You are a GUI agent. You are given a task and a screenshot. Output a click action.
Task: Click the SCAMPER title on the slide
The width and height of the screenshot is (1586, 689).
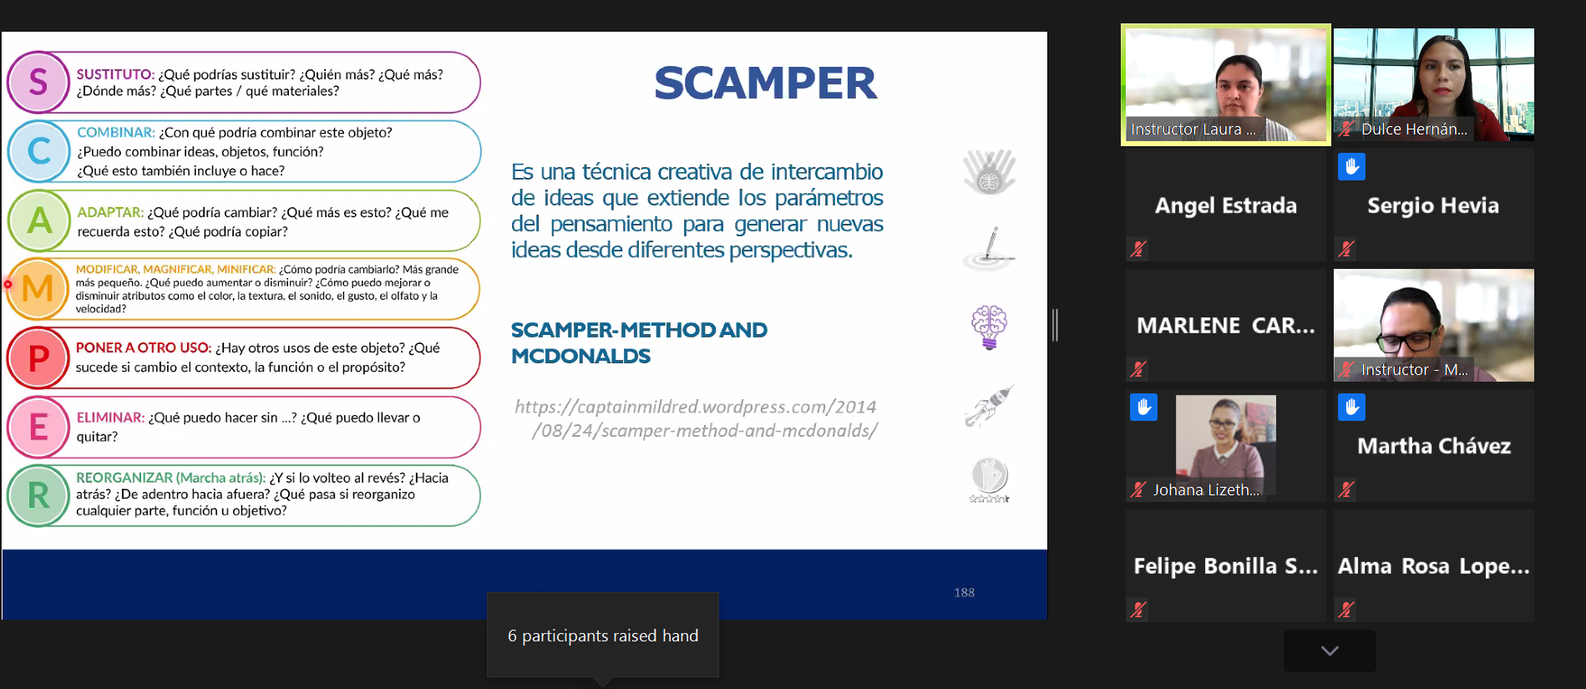click(x=765, y=83)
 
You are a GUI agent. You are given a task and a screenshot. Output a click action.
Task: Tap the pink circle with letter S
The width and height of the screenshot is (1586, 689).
click(x=38, y=82)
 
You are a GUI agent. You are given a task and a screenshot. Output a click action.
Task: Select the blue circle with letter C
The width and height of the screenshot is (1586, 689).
click(x=38, y=151)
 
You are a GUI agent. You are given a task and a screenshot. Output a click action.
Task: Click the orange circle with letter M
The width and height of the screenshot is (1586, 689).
click(x=38, y=289)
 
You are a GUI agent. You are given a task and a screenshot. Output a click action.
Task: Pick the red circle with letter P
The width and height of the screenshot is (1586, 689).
click(x=38, y=358)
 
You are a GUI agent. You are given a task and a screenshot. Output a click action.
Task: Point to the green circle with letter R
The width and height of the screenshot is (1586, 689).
click(x=38, y=496)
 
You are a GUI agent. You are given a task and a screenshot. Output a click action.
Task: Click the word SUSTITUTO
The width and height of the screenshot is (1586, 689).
click(x=115, y=74)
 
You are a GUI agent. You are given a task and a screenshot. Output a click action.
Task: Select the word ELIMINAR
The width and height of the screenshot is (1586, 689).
click(x=110, y=418)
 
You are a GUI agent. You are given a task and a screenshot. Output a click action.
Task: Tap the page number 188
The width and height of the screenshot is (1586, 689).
click(x=965, y=592)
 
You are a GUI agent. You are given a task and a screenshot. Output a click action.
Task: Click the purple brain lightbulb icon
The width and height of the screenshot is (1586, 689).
click(x=989, y=327)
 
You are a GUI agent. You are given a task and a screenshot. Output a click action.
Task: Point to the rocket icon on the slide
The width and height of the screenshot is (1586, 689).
click(x=989, y=406)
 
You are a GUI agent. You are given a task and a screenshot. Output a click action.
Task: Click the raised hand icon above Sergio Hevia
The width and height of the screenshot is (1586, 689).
click(x=1351, y=166)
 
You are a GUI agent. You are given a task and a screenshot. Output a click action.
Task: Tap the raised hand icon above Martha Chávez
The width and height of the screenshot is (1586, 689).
click(x=1351, y=407)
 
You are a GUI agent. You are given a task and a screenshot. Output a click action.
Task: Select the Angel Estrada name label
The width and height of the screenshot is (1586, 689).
click(x=1225, y=205)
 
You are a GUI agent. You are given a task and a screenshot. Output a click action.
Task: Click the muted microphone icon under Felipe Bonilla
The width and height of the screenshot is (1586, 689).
click(x=1138, y=610)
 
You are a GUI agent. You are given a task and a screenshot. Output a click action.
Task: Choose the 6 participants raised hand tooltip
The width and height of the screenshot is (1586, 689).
click(x=603, y=636)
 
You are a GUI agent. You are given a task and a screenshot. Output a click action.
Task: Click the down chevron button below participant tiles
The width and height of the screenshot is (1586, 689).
click(x=1330, y=651)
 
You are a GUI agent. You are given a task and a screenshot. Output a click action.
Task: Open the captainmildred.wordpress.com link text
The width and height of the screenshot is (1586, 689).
click(x=696, y=418)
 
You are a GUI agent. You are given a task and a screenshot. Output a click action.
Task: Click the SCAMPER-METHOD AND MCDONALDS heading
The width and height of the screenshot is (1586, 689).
click(x=639, y=342)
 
